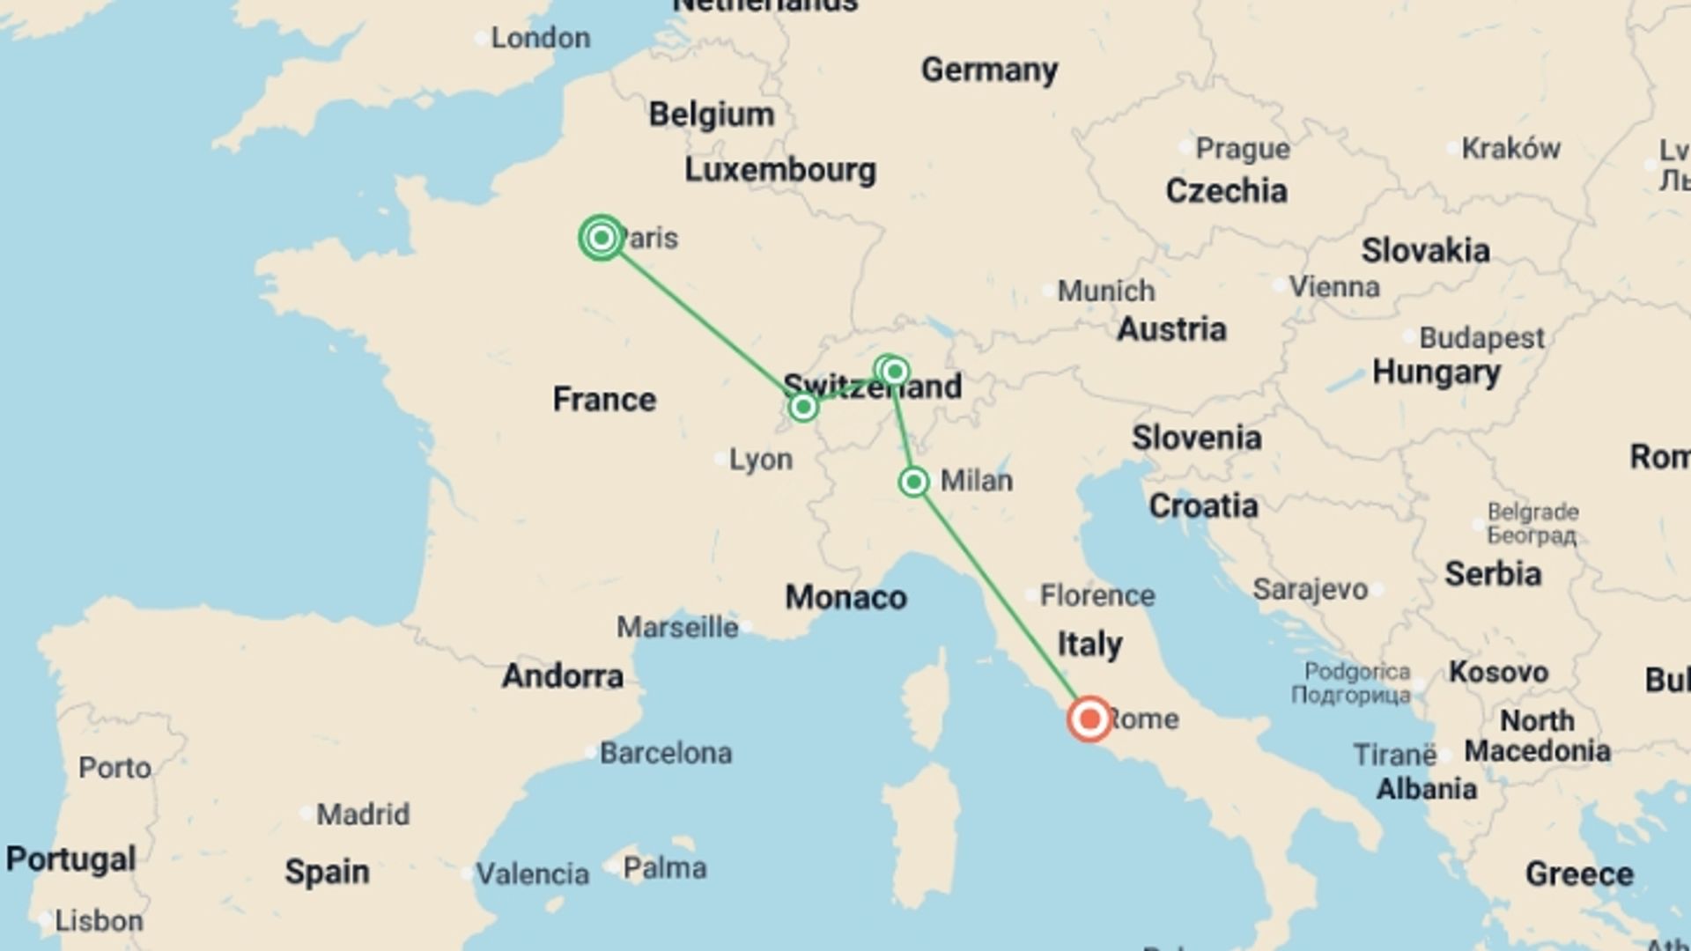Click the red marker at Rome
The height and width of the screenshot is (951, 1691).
click(x=1089, y=719)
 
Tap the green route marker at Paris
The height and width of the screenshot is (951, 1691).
click(x=602, y=238)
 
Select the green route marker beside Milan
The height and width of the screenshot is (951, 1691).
click(x=914, y=482)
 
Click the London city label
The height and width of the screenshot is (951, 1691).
click(x=540, y=38)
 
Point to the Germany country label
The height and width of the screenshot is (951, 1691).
click(x=989, y=70)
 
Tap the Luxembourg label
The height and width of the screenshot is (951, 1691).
click(x=780, y=170)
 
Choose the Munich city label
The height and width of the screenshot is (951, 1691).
click(x=1105, y=291)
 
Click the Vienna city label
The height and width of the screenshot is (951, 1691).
click(x=1333, y=286)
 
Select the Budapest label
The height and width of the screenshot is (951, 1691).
click(x=1481, y=337)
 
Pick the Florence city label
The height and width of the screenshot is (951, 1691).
click(x=1097, y=595)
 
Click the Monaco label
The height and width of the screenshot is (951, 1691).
click(x=845, y=597)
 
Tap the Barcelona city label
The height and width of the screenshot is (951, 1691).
click(x=665, y=753)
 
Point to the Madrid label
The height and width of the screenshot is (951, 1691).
click(x=362, y=814)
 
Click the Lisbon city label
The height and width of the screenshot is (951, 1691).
click(x=98, y=921)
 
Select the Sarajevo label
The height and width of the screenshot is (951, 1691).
click(x=1311, y=589)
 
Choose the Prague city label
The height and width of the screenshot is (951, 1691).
click(x=1242, y=149)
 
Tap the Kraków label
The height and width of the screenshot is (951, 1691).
click(x=1510, y=148)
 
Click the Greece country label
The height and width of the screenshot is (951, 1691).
click(x=1579, y=874)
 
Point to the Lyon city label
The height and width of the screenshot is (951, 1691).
click(x=760, y=459)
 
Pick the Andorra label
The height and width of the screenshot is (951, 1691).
click(x=562, y=675)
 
